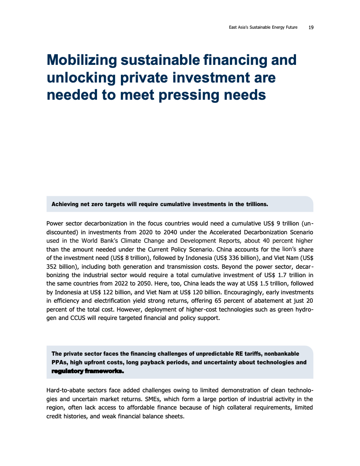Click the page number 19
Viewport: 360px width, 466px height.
click(x=311, y=27)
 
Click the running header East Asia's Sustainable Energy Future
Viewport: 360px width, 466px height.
click(x=263, y=27)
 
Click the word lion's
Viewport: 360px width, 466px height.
click(x=291, y=249)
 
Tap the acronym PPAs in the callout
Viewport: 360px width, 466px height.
click(x=60, y=362)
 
